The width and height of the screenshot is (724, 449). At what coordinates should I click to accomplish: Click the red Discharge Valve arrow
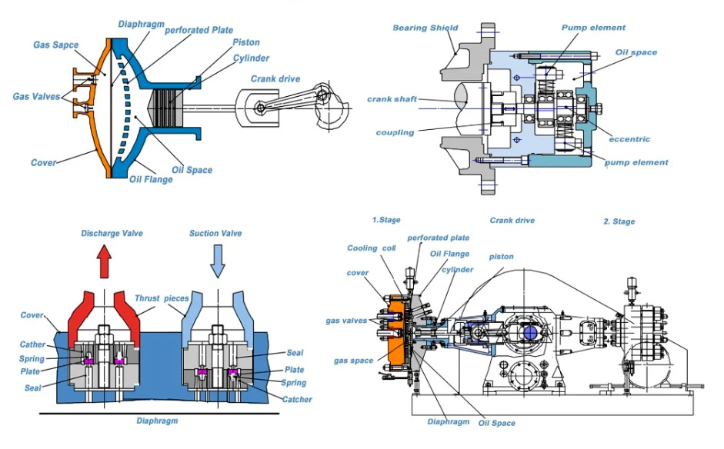(105, 264)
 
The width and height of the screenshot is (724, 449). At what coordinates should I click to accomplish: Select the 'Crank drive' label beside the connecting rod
(275, 78)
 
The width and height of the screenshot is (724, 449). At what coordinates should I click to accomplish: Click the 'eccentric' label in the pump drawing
(629, 139)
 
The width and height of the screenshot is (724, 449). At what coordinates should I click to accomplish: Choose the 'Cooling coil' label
(372, 248)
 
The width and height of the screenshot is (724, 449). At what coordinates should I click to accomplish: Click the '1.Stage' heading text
(386, 221)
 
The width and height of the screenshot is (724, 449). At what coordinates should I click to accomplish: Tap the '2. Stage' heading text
(619, 221)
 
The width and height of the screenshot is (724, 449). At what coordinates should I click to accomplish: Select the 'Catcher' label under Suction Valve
(297, 399)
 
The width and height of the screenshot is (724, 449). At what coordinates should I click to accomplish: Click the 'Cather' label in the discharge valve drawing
(32, 344)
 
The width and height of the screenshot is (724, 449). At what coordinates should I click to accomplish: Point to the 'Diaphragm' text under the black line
(157, 421)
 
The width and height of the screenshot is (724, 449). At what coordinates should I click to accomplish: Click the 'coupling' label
(395, 132)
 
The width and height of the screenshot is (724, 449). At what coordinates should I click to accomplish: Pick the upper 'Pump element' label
(592, 28)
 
